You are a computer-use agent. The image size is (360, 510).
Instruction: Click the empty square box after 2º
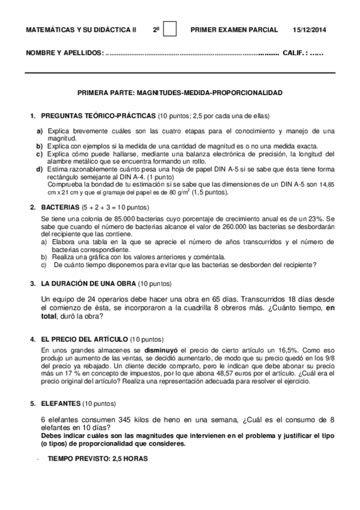170,29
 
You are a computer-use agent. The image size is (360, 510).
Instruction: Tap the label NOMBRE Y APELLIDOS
64,54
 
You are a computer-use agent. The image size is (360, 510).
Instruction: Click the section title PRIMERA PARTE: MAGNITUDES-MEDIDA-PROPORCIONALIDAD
180,93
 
